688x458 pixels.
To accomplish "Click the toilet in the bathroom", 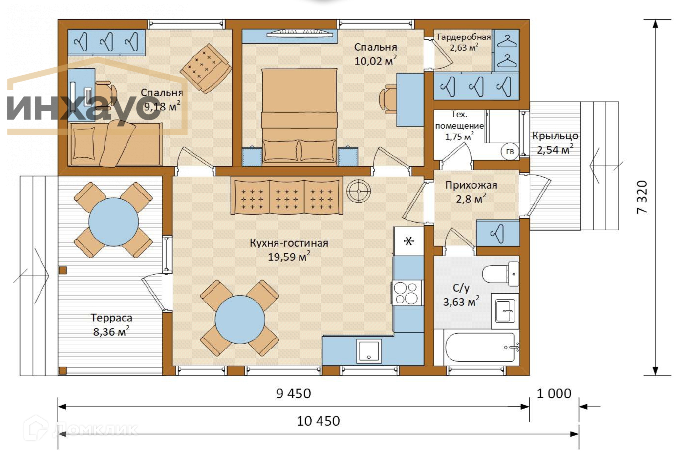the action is click(500, 274).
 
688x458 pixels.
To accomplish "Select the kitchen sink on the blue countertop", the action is click(369, 351).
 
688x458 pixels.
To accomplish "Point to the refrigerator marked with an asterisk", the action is click(408, 241).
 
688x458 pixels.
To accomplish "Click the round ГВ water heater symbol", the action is click(510, 151).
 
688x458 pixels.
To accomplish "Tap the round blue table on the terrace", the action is click(113, 222).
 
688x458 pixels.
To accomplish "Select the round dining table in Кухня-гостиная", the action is click(240, 320).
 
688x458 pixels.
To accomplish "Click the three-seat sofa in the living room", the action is click(287, 195).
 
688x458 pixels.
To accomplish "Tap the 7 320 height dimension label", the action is click(642, 197).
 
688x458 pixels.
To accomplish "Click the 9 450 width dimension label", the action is click(294, 394).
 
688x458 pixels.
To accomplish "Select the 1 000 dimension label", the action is click(554, 394).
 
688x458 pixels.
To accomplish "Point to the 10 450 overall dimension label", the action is click(319, 421).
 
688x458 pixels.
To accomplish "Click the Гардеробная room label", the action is click(464, 37).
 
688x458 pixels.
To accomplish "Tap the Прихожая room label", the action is click(471, 185).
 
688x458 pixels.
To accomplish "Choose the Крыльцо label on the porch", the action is click(555, 136).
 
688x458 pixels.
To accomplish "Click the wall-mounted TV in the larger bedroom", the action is click(299, 34).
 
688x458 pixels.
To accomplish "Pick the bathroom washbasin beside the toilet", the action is click(505, 311).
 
